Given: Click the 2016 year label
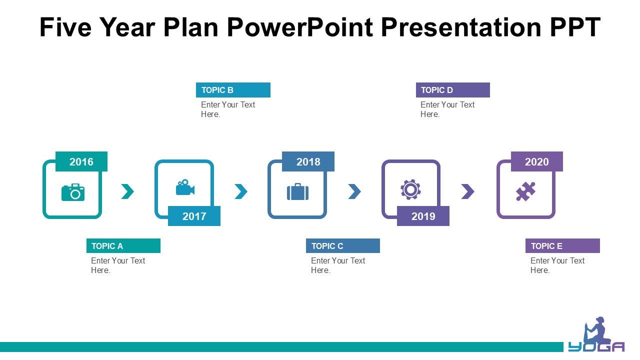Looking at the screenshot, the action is (81, 161).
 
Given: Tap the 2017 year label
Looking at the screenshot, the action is (194, 216).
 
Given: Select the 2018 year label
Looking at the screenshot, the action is (308, 161).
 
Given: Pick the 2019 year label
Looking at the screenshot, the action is (423, 216).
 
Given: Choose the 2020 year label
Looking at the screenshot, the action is (537, 161).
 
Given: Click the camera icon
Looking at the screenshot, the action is (73, 192).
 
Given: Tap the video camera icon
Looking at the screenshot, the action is (185, 187).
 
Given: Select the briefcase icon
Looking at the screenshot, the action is (297, 191).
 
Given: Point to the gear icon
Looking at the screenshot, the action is (410, 189).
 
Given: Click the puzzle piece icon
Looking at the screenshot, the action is (525, 191).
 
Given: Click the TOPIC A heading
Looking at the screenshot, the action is (107, 246).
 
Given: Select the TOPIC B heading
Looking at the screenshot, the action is (217, 90).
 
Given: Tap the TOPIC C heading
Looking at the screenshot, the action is (327, 246).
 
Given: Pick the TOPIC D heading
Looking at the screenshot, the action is (437, 90).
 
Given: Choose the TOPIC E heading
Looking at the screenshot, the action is (546, 246).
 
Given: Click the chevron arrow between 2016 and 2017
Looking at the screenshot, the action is (127, 191).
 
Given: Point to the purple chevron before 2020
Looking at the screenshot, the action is (467, 191).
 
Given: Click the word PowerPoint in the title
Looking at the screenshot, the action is (300, 27).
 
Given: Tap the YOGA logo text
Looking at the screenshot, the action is (596, 346).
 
